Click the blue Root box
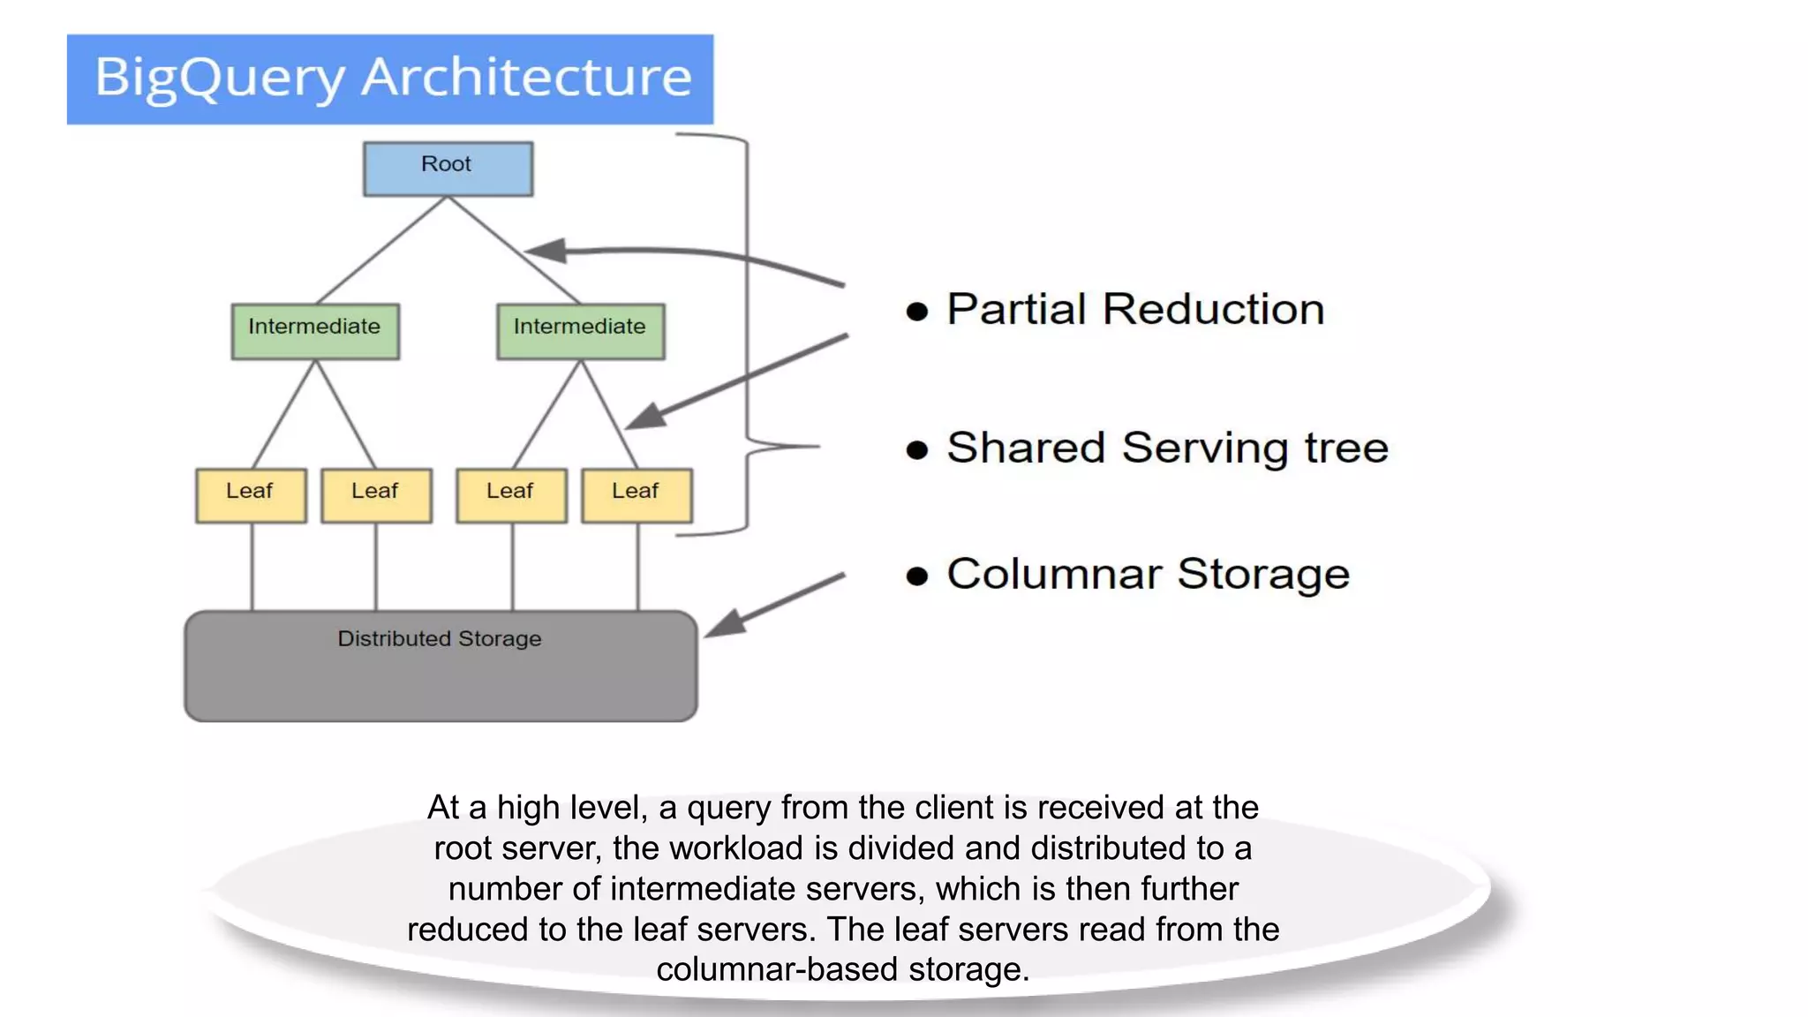click(x=448, y=169)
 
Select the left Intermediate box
click(x=315, y=331)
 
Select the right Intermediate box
click(x=580, y=331)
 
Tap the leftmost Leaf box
click(x=251, y=495)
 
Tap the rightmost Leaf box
click(x=637, y=495)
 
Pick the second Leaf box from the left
click(x=376, y=495)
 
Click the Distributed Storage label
click(x=439, y=638)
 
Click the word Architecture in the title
click(x=526, y=78)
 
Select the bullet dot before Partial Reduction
click(x=917, y=312)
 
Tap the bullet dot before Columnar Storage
click(x=917, y=576)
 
